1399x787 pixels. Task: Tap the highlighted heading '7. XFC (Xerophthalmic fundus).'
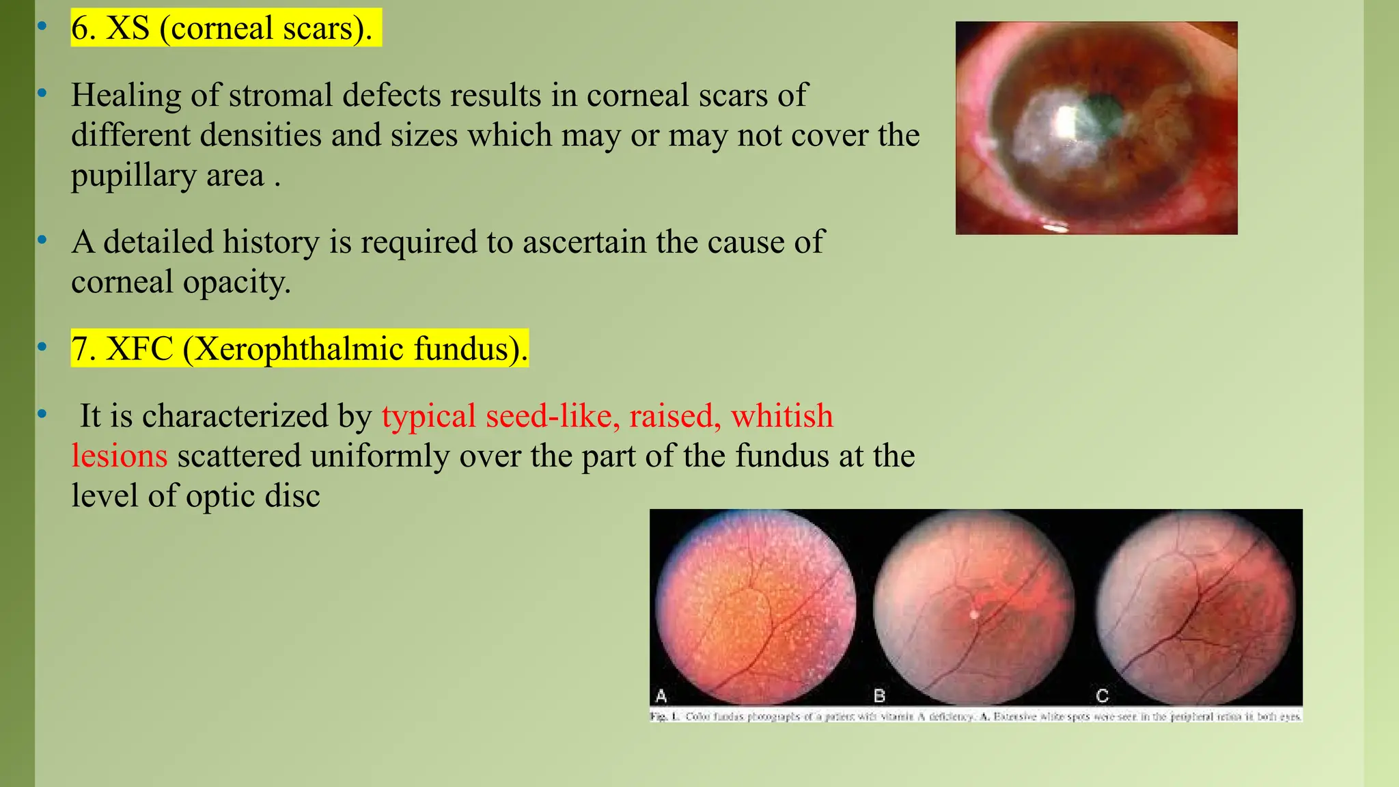point(299,349)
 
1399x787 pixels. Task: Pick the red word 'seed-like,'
point(553,416)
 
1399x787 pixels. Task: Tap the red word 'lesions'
point(120,456)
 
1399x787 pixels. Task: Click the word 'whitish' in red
point(781,416)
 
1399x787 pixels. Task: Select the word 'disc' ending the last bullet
point(292,496)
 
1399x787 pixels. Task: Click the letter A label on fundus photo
point(661,696)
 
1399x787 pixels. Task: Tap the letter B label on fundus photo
point(880,696)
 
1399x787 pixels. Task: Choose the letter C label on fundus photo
point(1102,696)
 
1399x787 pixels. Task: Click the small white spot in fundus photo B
point(974,614)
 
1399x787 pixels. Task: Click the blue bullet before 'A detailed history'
point(42,240)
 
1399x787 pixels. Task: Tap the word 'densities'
point(260,135)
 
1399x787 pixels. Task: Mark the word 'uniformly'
point(379,456)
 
